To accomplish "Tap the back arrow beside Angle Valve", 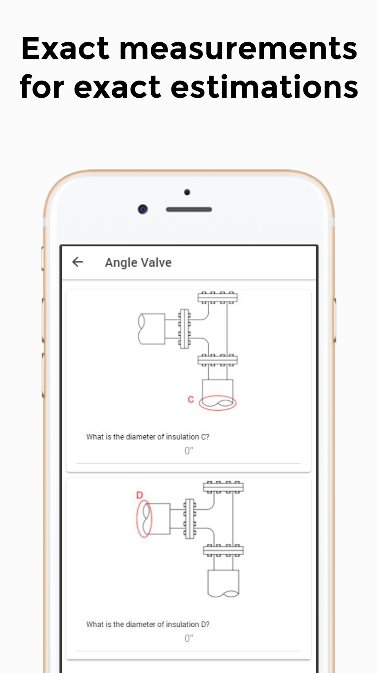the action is coord(77,262).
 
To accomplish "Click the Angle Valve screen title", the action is coord(138,263).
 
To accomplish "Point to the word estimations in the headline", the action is coord(264,87).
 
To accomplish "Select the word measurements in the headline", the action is coord(238,49).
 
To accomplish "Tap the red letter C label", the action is coord(191,399).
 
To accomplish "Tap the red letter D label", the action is coord(139,495).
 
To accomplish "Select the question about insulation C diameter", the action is coord(147,437).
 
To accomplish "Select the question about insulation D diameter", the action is coord(147,625).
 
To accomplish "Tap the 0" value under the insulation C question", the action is coord(189,451).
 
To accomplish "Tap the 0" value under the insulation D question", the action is coord(189,639).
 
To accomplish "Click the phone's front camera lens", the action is coord(143,209).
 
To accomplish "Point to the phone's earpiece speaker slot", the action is coord(189,209).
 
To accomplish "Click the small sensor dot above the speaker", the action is coord(187,192).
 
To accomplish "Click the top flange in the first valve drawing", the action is coord(218,298).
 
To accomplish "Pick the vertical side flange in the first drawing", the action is coord(184,329).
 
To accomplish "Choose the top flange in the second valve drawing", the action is coord(223,487).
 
